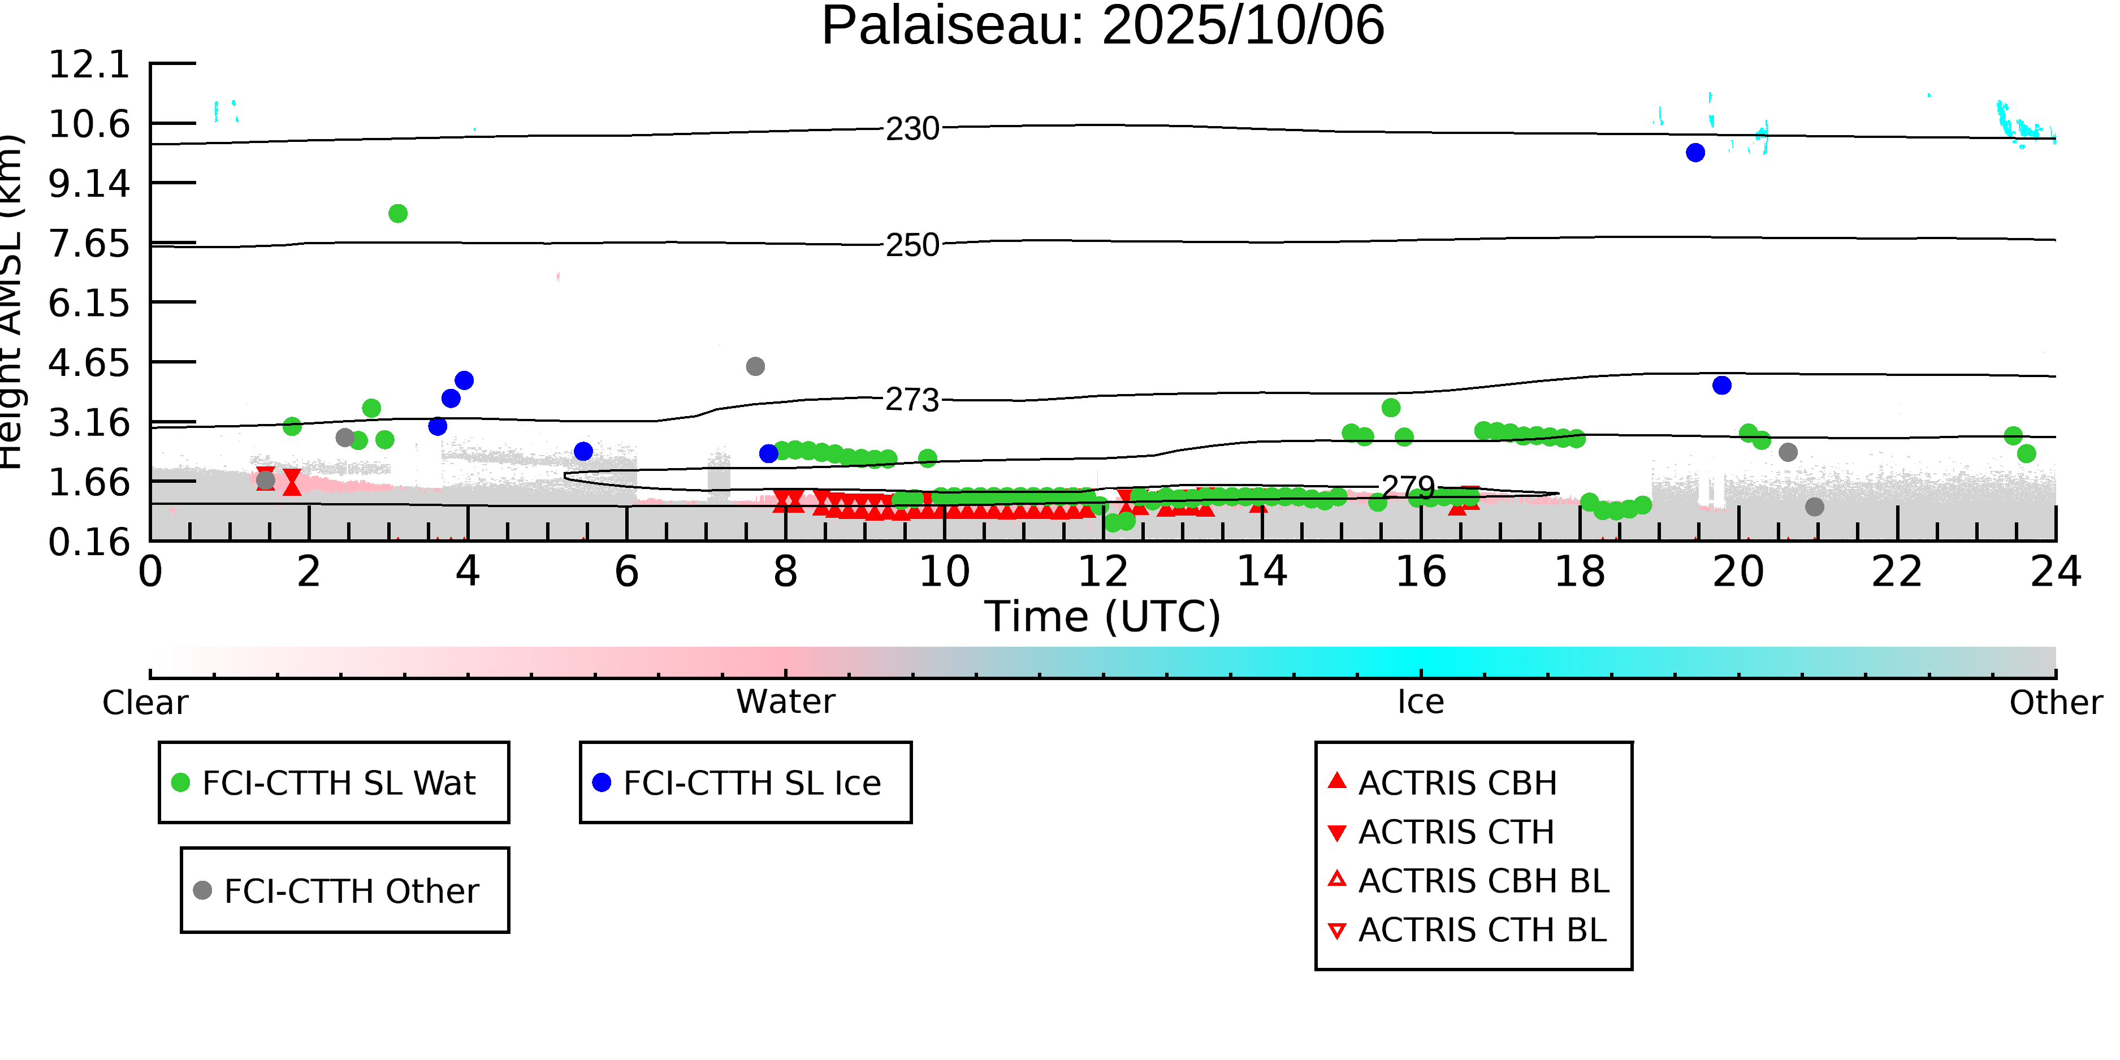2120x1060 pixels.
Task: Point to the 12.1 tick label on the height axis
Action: pyautogui.click(x=89, y=64)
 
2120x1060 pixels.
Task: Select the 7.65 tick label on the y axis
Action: pyautogui.click(x=89, y=244)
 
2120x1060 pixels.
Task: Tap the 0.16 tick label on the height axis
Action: pyautogui.click(x=89, y=542)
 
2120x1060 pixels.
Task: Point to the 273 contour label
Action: pyautogui.click(x=912, y=400)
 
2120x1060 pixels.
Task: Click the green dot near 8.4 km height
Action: pyautogui.click(x=397, y=214)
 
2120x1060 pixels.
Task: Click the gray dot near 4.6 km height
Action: pyautogui.click(x=755, y=366)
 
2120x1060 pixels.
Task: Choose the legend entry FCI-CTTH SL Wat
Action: pyautogui.click(x=338, y=782)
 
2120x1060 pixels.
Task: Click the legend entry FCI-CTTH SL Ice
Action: pyautogui.click(x=751, y=782)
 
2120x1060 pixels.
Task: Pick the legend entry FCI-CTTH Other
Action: pyautogui.click(x=351, y=890)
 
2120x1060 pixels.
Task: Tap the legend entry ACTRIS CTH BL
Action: pyautogui.click(x=1481, y=930)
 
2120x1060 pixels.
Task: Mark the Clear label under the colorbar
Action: pyautogui.click(x=145, y=702)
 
